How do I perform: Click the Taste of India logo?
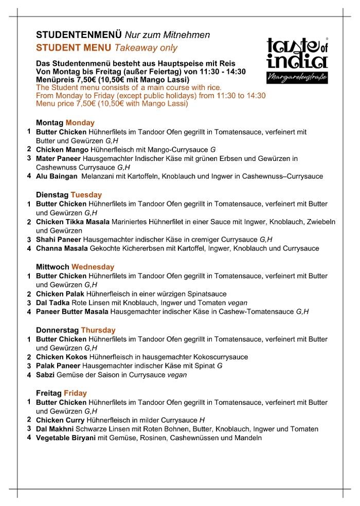click(x=298, y=60)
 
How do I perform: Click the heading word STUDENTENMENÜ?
click(x=79, y=35)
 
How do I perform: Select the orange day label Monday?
click(x=80, y=123)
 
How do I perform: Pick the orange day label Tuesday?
click(x=86, y=195)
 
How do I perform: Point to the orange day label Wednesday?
click(x=93, y=267)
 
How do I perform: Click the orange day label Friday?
click(x=76, y=393)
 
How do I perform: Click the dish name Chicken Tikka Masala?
click(x=73, y=222)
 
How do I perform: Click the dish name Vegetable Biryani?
click(x=65, y=438)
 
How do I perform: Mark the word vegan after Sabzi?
click(x=177, y=375)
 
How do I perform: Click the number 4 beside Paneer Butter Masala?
click(x=29, y=312)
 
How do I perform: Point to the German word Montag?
click(x=50, y=123)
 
